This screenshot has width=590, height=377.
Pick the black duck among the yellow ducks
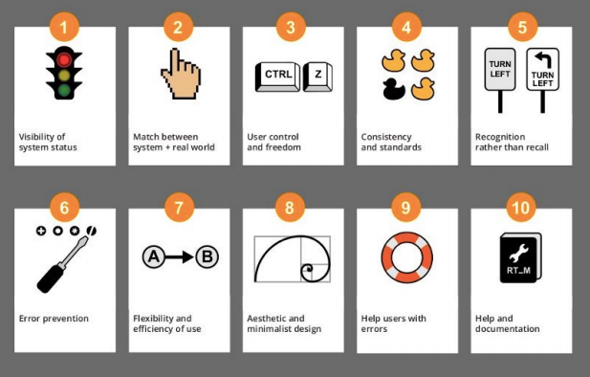pyautogui.click(x=393, y=90)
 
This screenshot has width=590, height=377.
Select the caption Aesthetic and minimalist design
pyautogui.click(x=284, y=323)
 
